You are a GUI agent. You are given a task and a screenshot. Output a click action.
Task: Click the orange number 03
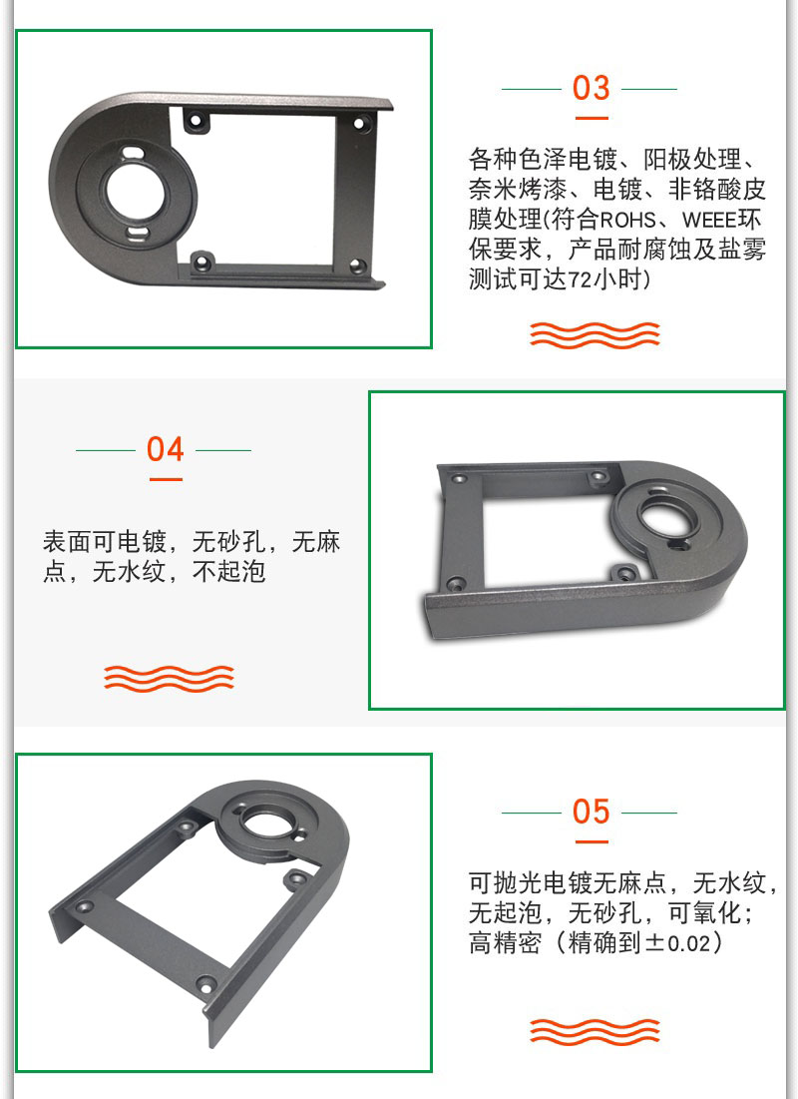tap(591, 88)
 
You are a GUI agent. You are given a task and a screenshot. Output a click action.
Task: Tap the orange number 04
tap(166, 449)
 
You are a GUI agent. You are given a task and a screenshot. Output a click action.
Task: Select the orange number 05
tap(591, 812)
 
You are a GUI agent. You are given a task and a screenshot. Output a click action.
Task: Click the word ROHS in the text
tap(627, 220)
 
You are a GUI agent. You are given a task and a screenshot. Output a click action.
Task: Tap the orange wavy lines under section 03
tap(595, 334)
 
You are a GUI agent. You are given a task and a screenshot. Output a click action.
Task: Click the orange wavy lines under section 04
tap(169, 678)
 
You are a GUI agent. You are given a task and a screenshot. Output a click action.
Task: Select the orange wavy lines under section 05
tap(595, 1032)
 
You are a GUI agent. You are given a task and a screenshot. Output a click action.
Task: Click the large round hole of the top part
tap(133, 192)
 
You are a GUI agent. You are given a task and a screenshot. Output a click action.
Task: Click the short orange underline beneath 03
tap(592, 118)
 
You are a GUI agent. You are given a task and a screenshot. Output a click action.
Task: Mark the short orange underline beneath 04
tap(166, 479)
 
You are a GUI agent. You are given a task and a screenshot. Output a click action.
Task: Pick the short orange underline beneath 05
tap(592, 841)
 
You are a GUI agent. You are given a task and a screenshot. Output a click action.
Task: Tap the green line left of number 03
tap(532, 89)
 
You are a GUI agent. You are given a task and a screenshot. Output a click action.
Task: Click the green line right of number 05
tap(649, 814)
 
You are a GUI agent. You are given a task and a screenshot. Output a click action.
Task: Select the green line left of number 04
tap(105, 450)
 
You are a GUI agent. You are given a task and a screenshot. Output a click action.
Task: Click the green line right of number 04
tap(223, 450)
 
